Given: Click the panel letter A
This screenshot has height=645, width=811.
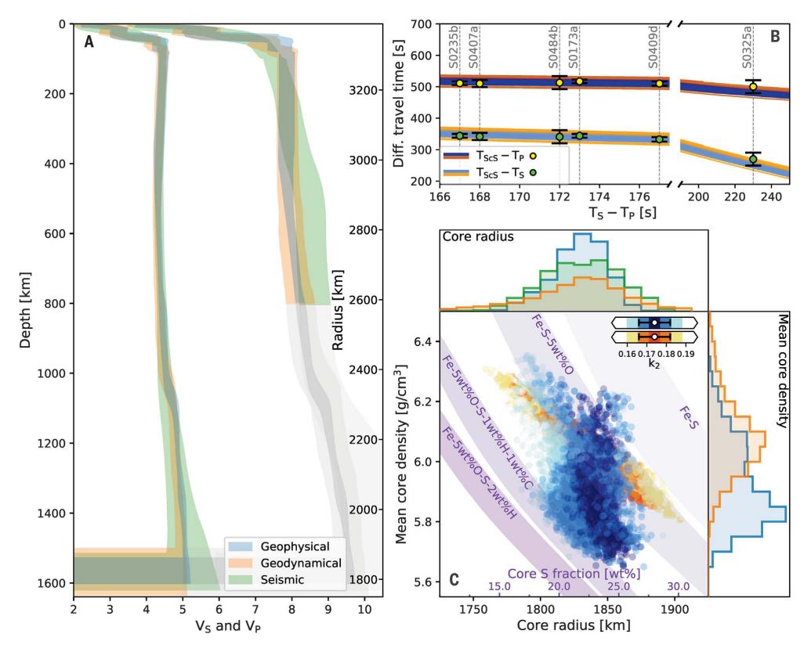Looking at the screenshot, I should [89, 43].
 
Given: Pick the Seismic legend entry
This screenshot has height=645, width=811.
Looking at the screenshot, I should [270, 581].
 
